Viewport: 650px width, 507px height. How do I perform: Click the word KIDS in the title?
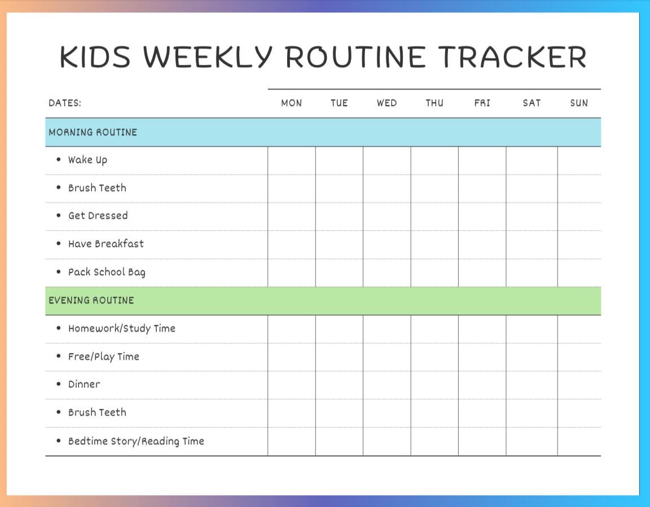[x=95, y=57]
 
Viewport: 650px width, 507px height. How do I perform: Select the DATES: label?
[x=65, y=103]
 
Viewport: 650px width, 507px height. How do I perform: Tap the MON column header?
[x=292, y=103]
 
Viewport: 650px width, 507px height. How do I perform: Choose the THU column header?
[x=434, y=103]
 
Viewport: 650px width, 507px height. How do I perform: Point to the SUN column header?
[x=579, y=103]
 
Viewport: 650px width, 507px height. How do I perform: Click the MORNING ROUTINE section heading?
[x=93, y=133]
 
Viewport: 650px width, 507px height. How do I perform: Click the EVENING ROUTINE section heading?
[x=91, y=301]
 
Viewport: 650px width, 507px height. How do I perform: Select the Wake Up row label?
[x=87, y=160]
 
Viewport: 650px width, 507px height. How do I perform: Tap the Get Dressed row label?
[x=98, y=216]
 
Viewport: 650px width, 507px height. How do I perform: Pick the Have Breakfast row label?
[x=106, y=244]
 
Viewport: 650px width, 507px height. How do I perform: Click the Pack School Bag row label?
[x=107, y=272]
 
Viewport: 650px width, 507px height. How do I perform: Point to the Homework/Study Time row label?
[x=122, y=329]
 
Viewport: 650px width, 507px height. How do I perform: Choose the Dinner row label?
[x=84, y=385]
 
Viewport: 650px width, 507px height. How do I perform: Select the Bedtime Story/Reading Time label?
[x=136, y=442]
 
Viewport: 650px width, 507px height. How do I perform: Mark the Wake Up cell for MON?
[x=292, y=161]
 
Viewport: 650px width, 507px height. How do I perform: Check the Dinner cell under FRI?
[x=482, y=385]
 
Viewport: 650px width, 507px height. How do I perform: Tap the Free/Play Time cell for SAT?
[x=532, y=357]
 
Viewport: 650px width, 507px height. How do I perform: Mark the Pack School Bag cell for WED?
[x=387, y=273]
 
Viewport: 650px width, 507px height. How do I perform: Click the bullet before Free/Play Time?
[x=59, y=356]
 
